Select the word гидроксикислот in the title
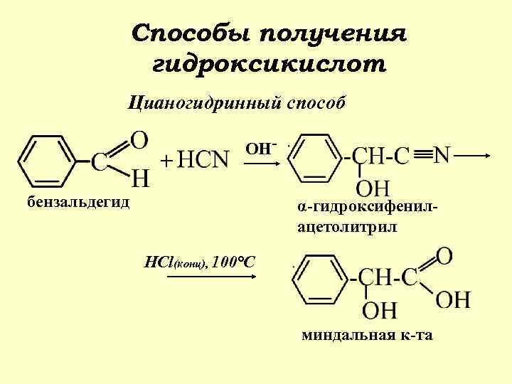[270, 65]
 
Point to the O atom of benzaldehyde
[140, 139]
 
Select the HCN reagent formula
[203, 160]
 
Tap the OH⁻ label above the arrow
[260, 148]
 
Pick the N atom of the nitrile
[442, 154]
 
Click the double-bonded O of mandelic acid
[446, 255]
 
